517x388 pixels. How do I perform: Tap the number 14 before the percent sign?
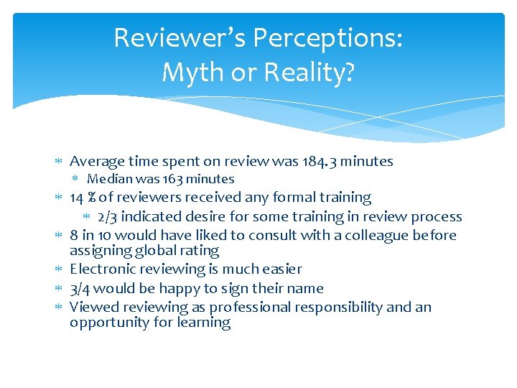pos(77,197)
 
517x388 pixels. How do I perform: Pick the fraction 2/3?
pos(107,216)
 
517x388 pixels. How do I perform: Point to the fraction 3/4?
pos(80,288)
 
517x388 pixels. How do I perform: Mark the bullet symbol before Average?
pos(60,162)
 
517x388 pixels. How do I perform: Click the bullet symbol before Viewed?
pos(60,308)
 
